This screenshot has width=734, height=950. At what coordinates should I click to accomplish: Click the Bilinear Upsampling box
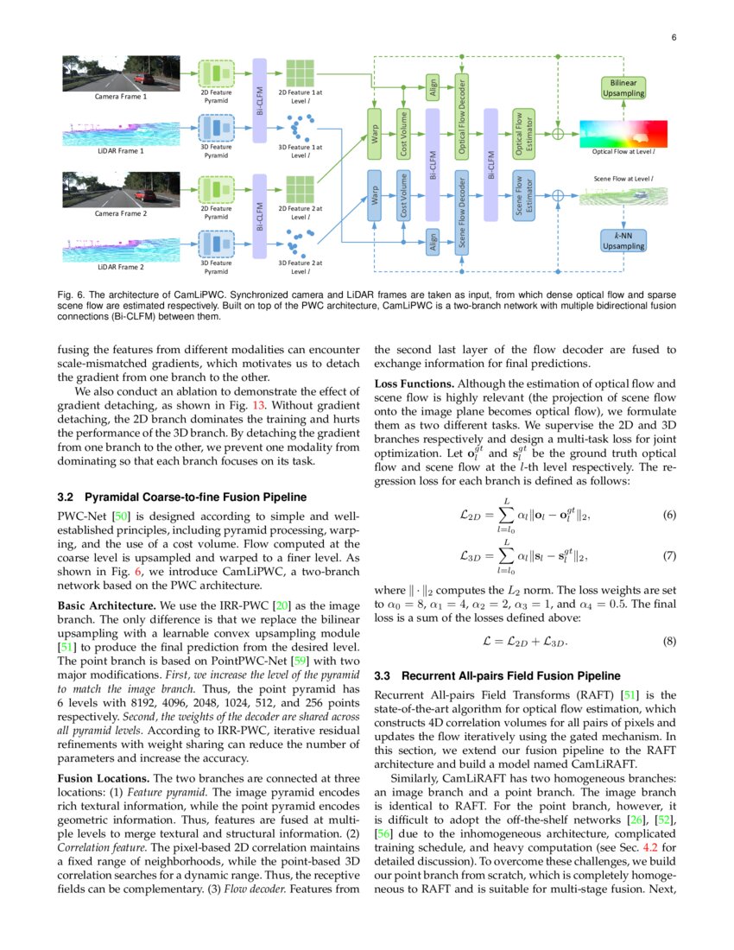point(623,87)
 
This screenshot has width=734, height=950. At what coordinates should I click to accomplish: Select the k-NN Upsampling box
point(623,240)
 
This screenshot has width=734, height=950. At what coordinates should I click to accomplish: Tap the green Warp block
point(375,134)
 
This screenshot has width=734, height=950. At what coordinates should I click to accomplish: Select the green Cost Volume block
point(403,134)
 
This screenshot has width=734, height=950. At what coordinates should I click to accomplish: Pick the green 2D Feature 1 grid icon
point(300,72)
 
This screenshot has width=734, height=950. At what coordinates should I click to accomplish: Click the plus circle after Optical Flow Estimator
point(559,133)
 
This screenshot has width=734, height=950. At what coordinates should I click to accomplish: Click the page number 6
point(673,37)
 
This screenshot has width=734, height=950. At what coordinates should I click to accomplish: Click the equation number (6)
point(668,515)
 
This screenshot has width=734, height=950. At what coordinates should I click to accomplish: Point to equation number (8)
point(668,642)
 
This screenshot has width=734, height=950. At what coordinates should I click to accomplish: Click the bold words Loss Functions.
point(413,383)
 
